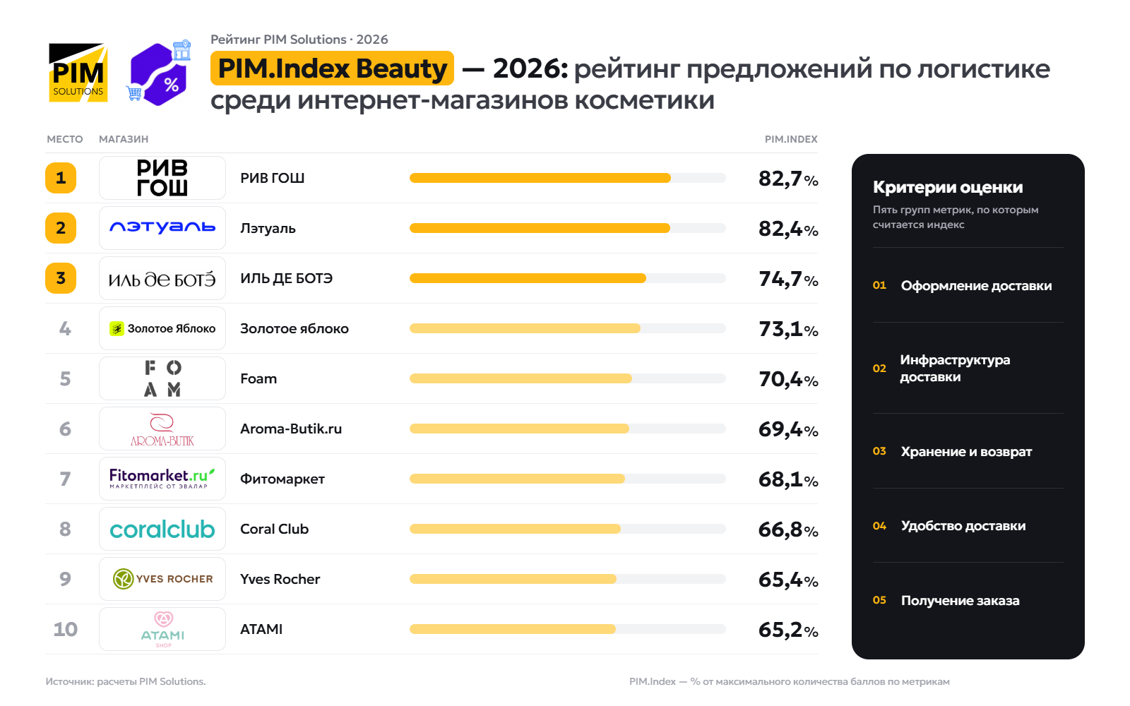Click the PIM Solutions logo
78,73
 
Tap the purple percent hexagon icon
159,73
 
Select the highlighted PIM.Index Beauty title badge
332,68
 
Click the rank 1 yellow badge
61,178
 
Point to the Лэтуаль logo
162,228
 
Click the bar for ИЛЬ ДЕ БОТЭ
528,278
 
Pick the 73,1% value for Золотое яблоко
788,329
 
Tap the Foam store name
258,378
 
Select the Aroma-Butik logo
162,429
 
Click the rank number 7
65,479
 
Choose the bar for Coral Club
515,529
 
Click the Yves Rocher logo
162,579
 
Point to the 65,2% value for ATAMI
788,630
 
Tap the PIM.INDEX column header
791,139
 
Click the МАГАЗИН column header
124,139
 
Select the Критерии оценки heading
948,187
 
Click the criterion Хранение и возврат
966,451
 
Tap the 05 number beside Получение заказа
879,600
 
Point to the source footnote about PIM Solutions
126,682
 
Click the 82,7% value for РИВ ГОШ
788,179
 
